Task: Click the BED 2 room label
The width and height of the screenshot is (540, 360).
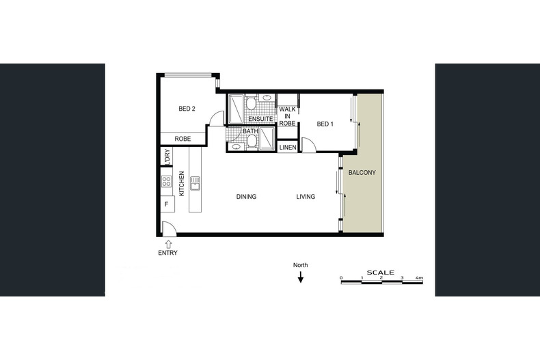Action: [187, 109]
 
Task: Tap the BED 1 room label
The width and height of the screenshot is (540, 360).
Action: [325, 124]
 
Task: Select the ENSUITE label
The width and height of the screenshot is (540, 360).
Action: [260, 119]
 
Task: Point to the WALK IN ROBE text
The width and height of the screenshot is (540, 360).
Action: [287, 116]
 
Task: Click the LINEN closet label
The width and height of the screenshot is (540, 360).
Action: [288, 148]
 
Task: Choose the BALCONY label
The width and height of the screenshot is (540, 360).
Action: [362, 172]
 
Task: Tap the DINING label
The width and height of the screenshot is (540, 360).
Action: [246, 197]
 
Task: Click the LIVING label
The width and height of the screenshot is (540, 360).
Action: [306, 197]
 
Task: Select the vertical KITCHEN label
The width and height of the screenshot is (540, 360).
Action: [182, 184]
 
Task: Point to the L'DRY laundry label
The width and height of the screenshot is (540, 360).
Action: [167, 157]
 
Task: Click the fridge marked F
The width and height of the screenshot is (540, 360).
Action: [167, 204]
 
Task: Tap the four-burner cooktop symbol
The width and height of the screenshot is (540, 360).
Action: [166, 182]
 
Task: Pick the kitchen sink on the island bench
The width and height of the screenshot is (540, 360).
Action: [195, 184]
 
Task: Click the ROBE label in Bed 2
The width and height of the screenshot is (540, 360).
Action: [183, 139]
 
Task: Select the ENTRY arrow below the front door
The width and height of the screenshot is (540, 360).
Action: [168, 245]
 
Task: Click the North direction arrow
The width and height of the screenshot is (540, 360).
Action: [301, 277]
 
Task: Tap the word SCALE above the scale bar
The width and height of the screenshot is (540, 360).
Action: [381, 273]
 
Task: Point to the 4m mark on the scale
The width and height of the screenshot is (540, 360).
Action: [420, 278]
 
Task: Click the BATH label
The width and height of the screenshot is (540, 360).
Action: [250, 131]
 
